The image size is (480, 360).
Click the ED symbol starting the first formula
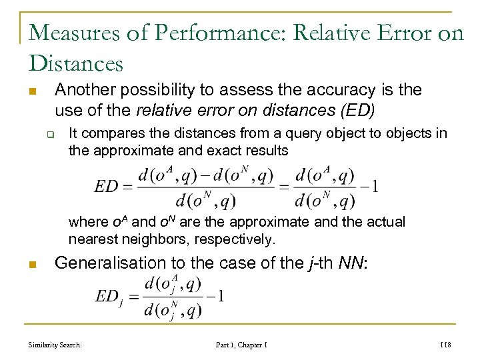click(x=107, y=186)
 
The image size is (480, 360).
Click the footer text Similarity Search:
click(x=55, y=345)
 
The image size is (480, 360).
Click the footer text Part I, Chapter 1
click(x=241, y=345)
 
